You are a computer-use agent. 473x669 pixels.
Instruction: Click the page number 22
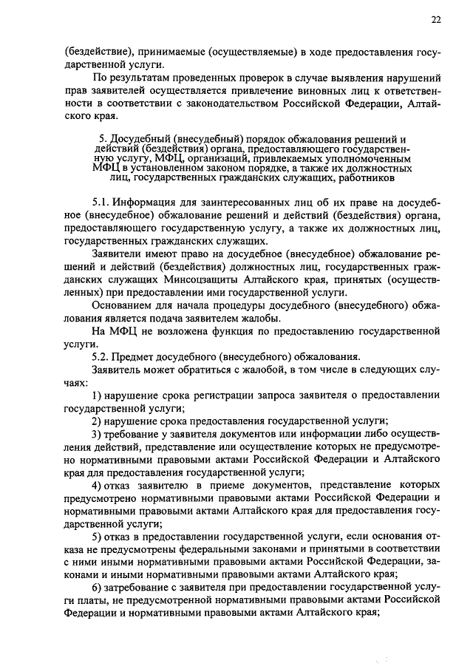tap(436, 21)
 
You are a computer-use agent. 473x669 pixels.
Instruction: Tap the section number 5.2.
tap(101, 355)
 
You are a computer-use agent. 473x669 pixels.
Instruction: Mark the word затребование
tap(141, 587)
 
